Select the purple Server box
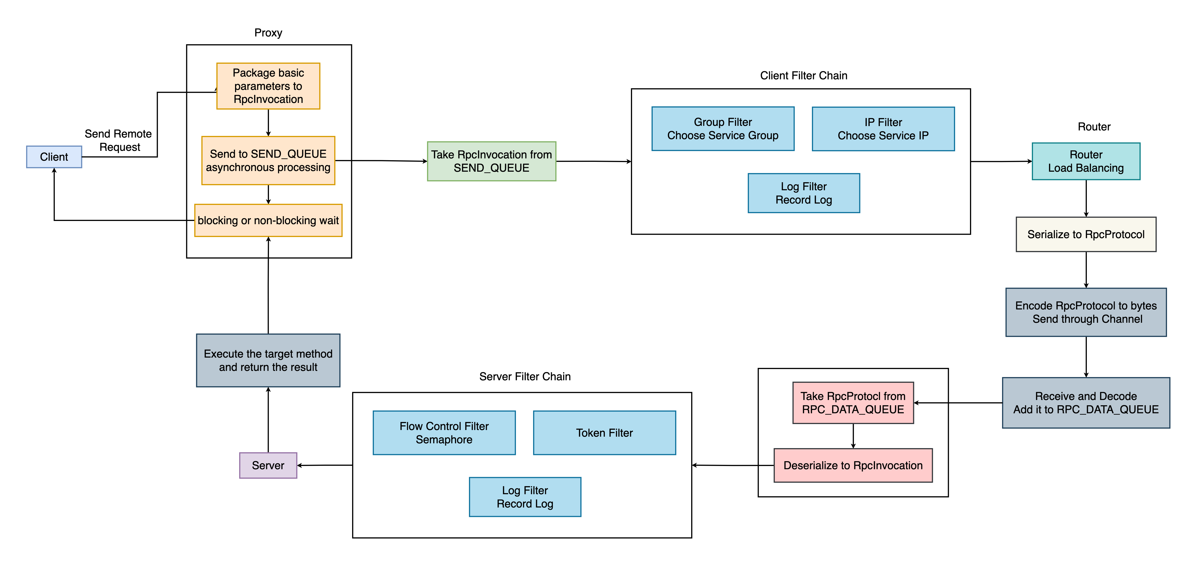pos(268,465)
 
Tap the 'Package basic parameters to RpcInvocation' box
pos(268,86)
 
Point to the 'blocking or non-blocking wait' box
pos(268,221)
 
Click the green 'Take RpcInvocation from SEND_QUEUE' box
pos(491,161)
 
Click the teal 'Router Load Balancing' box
pos(1086,161)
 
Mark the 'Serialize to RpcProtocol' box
pos(1086,234)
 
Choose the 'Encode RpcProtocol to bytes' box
pos(1086,312)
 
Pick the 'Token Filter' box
pos(604,433)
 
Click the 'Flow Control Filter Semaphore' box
pos(444,433)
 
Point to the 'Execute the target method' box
pos(268,360)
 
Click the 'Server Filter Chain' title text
pos(525,377)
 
